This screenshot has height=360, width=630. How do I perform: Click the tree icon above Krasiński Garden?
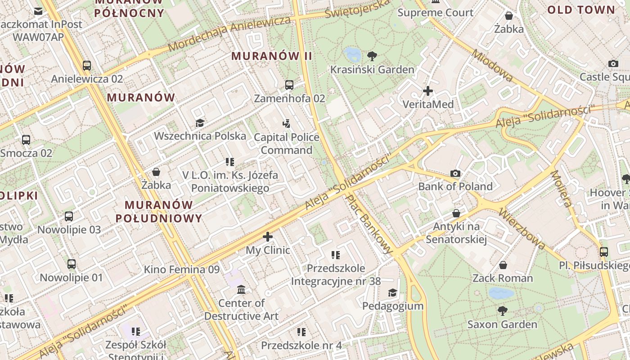(372, 56)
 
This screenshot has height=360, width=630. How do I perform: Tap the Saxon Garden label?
(502, 324)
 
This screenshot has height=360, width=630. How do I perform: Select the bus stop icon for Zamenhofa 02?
(289, 85)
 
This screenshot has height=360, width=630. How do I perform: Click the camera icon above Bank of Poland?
(455, 173)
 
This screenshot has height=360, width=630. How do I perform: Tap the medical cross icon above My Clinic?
(268, 237)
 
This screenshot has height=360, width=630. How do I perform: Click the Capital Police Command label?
(287, 144)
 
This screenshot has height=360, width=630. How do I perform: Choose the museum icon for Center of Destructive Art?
(241, 289)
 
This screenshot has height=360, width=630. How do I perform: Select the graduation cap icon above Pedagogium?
(393, 293)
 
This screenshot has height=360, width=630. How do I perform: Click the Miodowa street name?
(492, 66)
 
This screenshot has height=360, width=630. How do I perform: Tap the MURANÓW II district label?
(271, 56)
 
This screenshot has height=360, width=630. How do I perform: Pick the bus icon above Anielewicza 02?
(87, 66)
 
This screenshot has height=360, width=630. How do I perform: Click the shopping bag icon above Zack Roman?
(503, 265)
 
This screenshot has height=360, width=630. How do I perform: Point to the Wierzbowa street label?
(522, 229)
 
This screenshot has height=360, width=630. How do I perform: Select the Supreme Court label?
(436, 13)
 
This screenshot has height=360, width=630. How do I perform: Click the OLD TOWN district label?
(581, 9)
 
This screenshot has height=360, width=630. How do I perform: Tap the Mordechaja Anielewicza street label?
(229, 34)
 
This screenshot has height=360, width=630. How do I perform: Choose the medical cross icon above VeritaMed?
(427, 91)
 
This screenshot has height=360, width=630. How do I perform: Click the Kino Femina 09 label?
(181, 270)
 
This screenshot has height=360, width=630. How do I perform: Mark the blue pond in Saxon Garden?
(501, 294)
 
